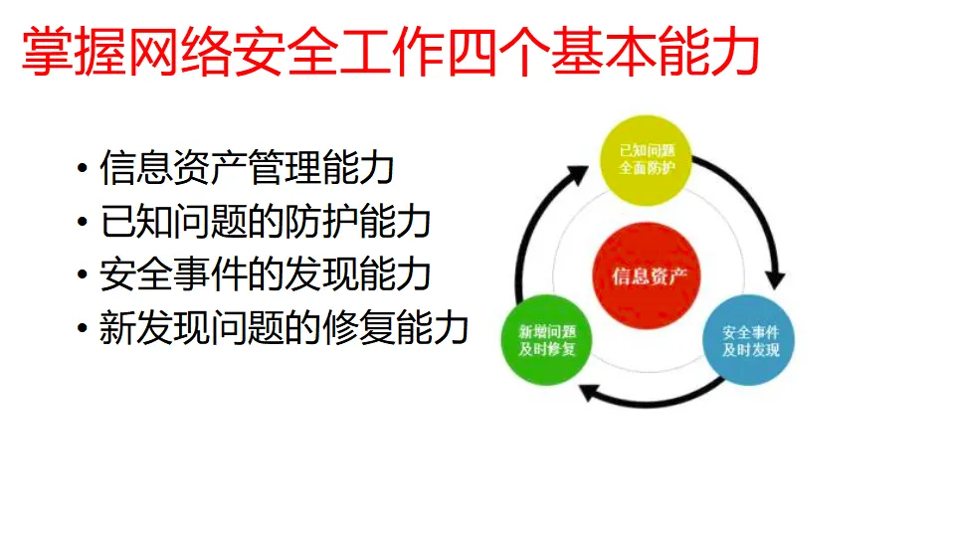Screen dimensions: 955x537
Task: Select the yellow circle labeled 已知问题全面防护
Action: (x=648, y=159)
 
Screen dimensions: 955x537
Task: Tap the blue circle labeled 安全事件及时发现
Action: (x=750, y=341)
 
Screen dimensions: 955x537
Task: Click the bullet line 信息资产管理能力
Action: (x=247, y=168)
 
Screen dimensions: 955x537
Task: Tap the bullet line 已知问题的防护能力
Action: (x=265, y=222)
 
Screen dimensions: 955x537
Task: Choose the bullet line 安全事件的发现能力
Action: (x=265, y=275)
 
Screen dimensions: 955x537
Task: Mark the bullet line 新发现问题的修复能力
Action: (x=284, y=328)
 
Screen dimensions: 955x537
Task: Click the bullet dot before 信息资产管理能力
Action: (x=83, y=169)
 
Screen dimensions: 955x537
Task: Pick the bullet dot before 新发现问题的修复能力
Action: (x=83, y=329)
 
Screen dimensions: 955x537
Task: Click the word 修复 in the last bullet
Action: (x=357, y=328)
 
